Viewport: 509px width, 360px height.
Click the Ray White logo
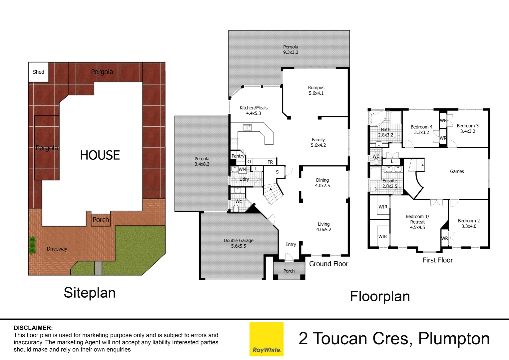(x=266, y=339)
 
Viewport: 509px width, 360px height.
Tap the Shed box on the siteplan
(x=38, y=72)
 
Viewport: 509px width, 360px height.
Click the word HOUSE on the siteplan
(x=100, y=155)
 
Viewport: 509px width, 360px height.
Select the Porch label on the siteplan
(x=101, y=220)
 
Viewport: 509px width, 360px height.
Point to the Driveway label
(x=57, y=249)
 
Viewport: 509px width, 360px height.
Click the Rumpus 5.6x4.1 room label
(x=316, y=90)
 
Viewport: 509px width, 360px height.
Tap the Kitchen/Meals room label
(x=254, y=111)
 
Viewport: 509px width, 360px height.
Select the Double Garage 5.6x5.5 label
(x=239, y=243)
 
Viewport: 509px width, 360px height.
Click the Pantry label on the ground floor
(x=238, y=156)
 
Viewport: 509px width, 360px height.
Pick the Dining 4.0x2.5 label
(x=322, y=183)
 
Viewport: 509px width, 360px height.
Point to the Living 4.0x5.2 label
(x=323, y=227)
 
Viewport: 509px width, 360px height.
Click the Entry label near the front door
(x=290, y=244)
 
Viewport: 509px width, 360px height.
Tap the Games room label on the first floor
(x=457, y=172)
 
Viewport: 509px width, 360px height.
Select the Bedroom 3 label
(x=467, y=128)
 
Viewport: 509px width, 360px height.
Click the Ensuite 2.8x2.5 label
(x=389, y=183)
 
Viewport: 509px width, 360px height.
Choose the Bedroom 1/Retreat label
(x=417, y=222)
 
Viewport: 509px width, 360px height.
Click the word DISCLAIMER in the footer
(x=33, y=328)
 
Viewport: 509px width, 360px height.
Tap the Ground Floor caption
(x=328, y=264)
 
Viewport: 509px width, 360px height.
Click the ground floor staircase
(x=273, y=193)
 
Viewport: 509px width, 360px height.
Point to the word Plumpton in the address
(x=454, y=339)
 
